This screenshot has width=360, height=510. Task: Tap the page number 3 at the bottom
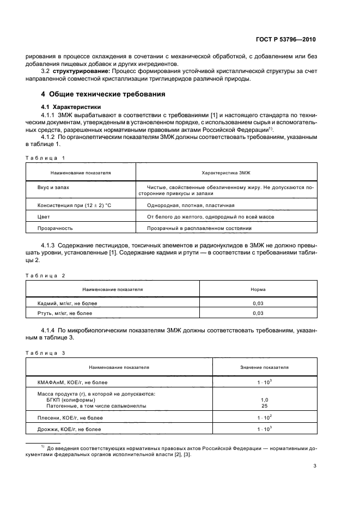[x=315, y=466]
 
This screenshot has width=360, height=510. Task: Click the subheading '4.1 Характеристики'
[x=68, y=106]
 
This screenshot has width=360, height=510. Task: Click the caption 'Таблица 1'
[x=45, y=157]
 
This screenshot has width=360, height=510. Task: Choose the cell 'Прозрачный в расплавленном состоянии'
[x=199, y=228]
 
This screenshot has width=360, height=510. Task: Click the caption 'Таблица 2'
[x=45, y=276]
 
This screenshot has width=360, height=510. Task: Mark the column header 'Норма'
[x=258, y=289]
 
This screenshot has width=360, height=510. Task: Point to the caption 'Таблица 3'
[x=45, y=353]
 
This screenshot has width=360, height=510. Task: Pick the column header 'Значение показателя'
[x=264, y=367]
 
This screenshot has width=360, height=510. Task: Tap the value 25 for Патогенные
[x=264, y=406]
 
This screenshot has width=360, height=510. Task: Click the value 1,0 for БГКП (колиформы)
[x=264, y=399]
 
